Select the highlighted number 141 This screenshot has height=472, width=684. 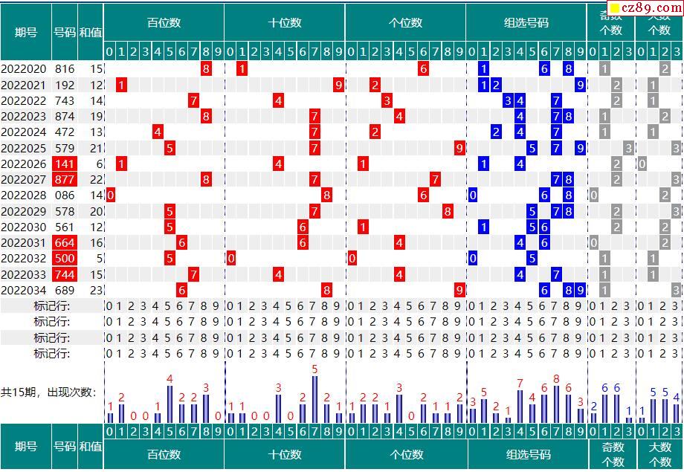click(x=64, y=164)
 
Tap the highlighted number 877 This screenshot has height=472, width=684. click(x=64, y=179)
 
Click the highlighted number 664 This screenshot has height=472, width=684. click(x=64, y=242)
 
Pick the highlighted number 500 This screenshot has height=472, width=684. click(x=64, y=258)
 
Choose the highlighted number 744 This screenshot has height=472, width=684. click(x=64, y=274)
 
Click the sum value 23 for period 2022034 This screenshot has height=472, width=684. click(x=96, y=290)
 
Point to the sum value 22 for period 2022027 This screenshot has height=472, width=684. click(x=96, y=179)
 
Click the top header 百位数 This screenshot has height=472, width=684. click(x=164, y=23)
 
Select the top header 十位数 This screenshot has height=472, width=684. click(x=285, y=23)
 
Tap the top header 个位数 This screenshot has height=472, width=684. click(x=406, y=23)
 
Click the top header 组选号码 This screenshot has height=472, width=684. click(x=526, y=23)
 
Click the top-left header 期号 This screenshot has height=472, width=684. click(x=26, y=32)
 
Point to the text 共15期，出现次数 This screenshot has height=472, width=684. click(x=48, y=392)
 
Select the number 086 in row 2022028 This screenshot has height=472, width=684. click(x=64, y=195)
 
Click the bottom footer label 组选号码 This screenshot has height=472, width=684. click(x=528, y=454)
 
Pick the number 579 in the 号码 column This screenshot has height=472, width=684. click(x=64, y=148)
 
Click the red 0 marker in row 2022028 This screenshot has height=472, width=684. click(x=110, y=195)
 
